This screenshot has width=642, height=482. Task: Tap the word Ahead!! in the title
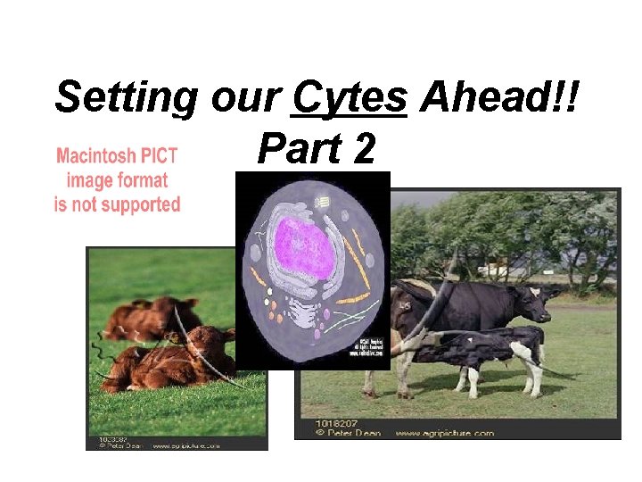499,96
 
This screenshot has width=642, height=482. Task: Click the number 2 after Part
363,148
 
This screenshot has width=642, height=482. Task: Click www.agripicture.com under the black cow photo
442,433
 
